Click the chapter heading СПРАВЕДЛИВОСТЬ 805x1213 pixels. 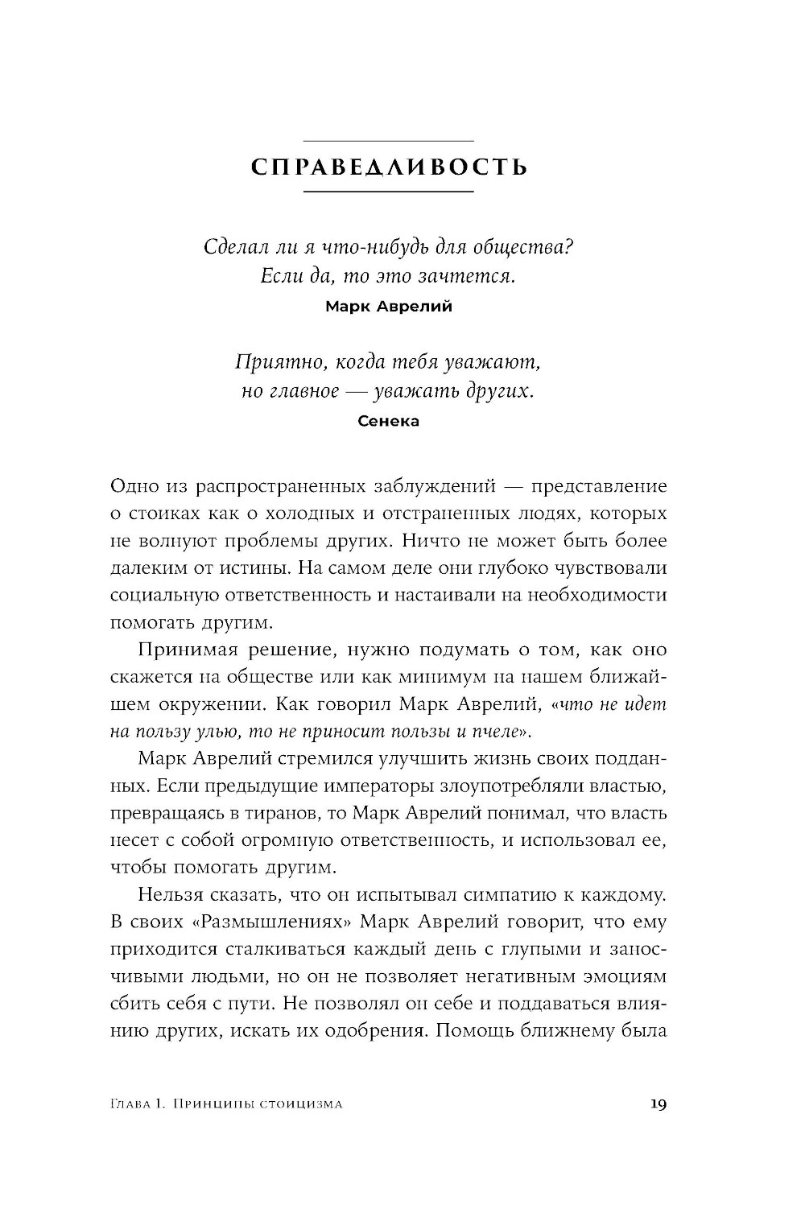click(389, 167)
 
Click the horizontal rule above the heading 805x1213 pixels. click(389, 142)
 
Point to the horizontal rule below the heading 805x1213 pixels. click(389, 192)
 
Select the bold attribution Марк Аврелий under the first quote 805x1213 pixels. click(389, 307)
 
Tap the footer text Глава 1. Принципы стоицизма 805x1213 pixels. click(226, 1104)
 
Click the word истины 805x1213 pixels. click(251, 568)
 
